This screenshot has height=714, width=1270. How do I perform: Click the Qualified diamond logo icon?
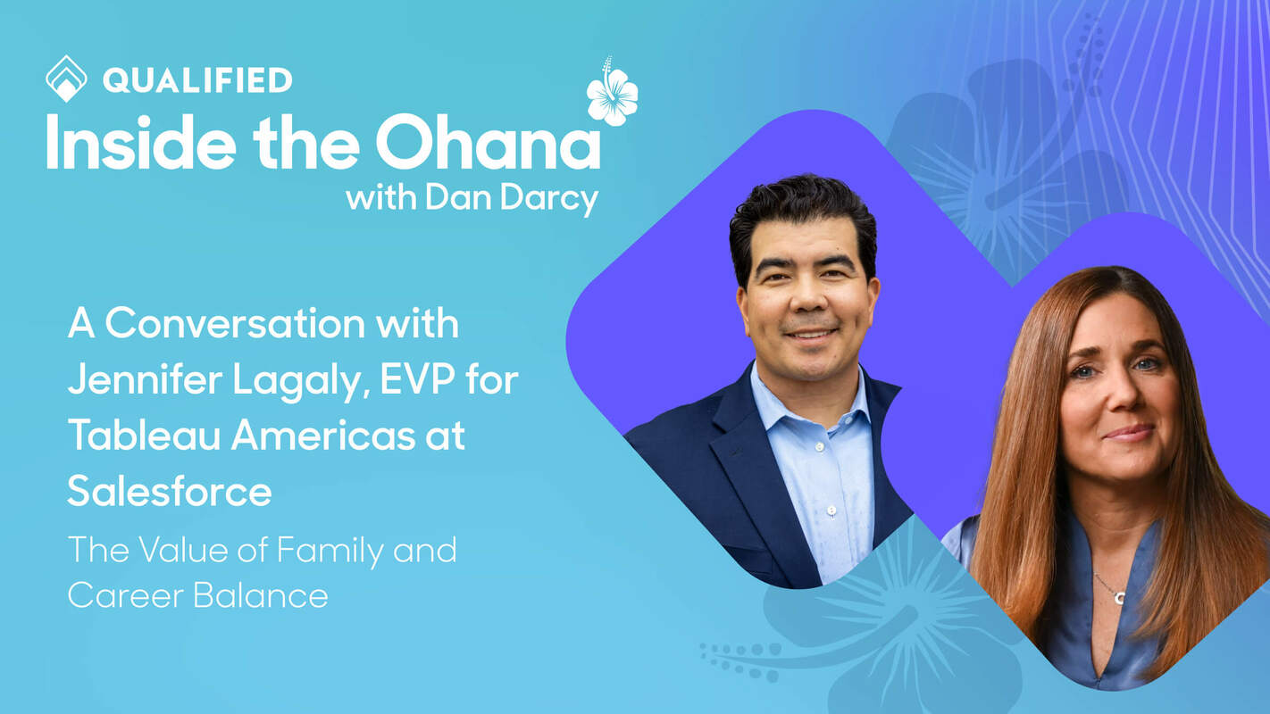click(x=66, y=79)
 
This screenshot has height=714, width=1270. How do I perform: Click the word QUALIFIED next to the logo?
click(x=196, y=80)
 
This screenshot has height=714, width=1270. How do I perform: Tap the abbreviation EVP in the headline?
click(x=422, y=380)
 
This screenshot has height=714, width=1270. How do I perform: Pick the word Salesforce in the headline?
click(x=170, y=492)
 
